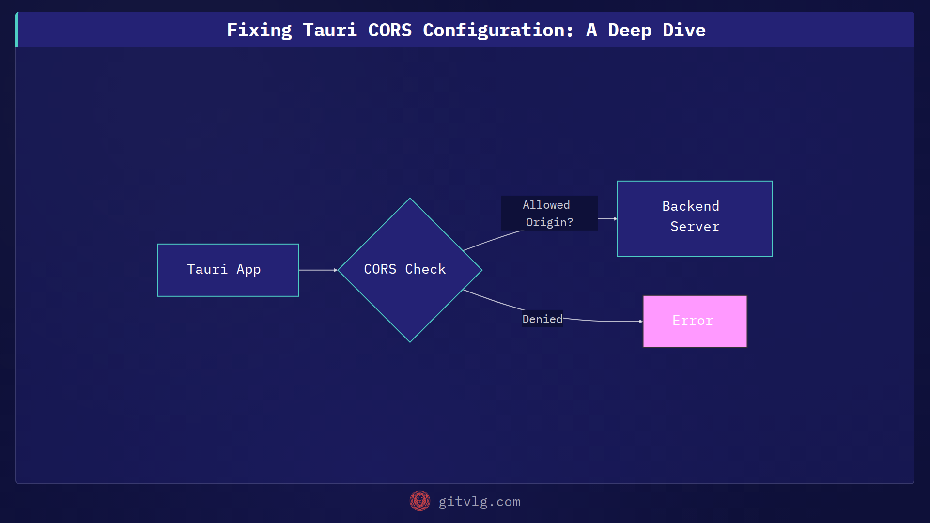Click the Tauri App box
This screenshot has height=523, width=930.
(x=228, y=270)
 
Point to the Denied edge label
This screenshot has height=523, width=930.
(x=542, y=319)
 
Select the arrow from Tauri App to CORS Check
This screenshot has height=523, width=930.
(x=317, y=270)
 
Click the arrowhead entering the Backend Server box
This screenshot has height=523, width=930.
(x=615, y=219)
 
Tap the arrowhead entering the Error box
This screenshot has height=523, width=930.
(x=640, y=322)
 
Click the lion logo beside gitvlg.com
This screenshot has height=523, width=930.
(x=420, y=501)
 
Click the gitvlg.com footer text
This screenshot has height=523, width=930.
(x=479, y=502)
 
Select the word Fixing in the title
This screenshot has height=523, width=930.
(x=259, y=31)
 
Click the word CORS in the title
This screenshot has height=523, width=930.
(x=389, y=31)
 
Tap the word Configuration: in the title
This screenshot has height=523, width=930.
(x=498, y=31)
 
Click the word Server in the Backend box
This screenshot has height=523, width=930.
(x=695, y=227)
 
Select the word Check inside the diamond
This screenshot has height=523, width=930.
(x=425, y=269)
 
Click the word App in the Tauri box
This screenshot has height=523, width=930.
(x=248, y=269)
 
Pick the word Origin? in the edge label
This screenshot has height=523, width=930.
(x=549, y=222)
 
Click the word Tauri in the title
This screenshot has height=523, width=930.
(x=329, y=31)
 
